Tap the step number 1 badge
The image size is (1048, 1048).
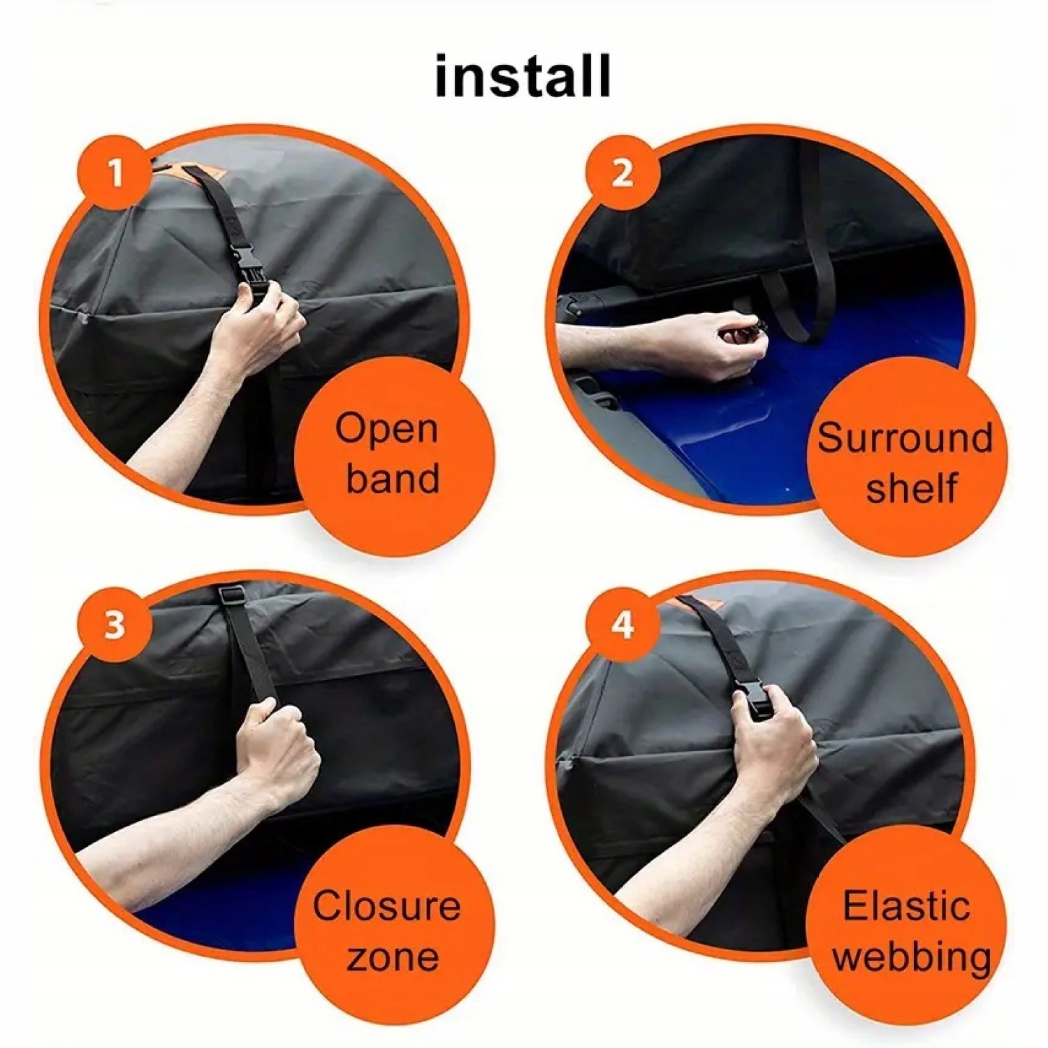[116, 173]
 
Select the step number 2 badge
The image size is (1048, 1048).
[623, 173]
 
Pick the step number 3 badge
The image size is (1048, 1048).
[116, 624]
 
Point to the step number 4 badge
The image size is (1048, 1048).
[623, 624]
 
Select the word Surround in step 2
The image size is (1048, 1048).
[905, 437]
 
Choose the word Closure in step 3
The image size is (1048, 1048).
[386, 905]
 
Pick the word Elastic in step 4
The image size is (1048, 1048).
[906, 905]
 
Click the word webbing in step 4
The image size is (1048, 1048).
[912, 957]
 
